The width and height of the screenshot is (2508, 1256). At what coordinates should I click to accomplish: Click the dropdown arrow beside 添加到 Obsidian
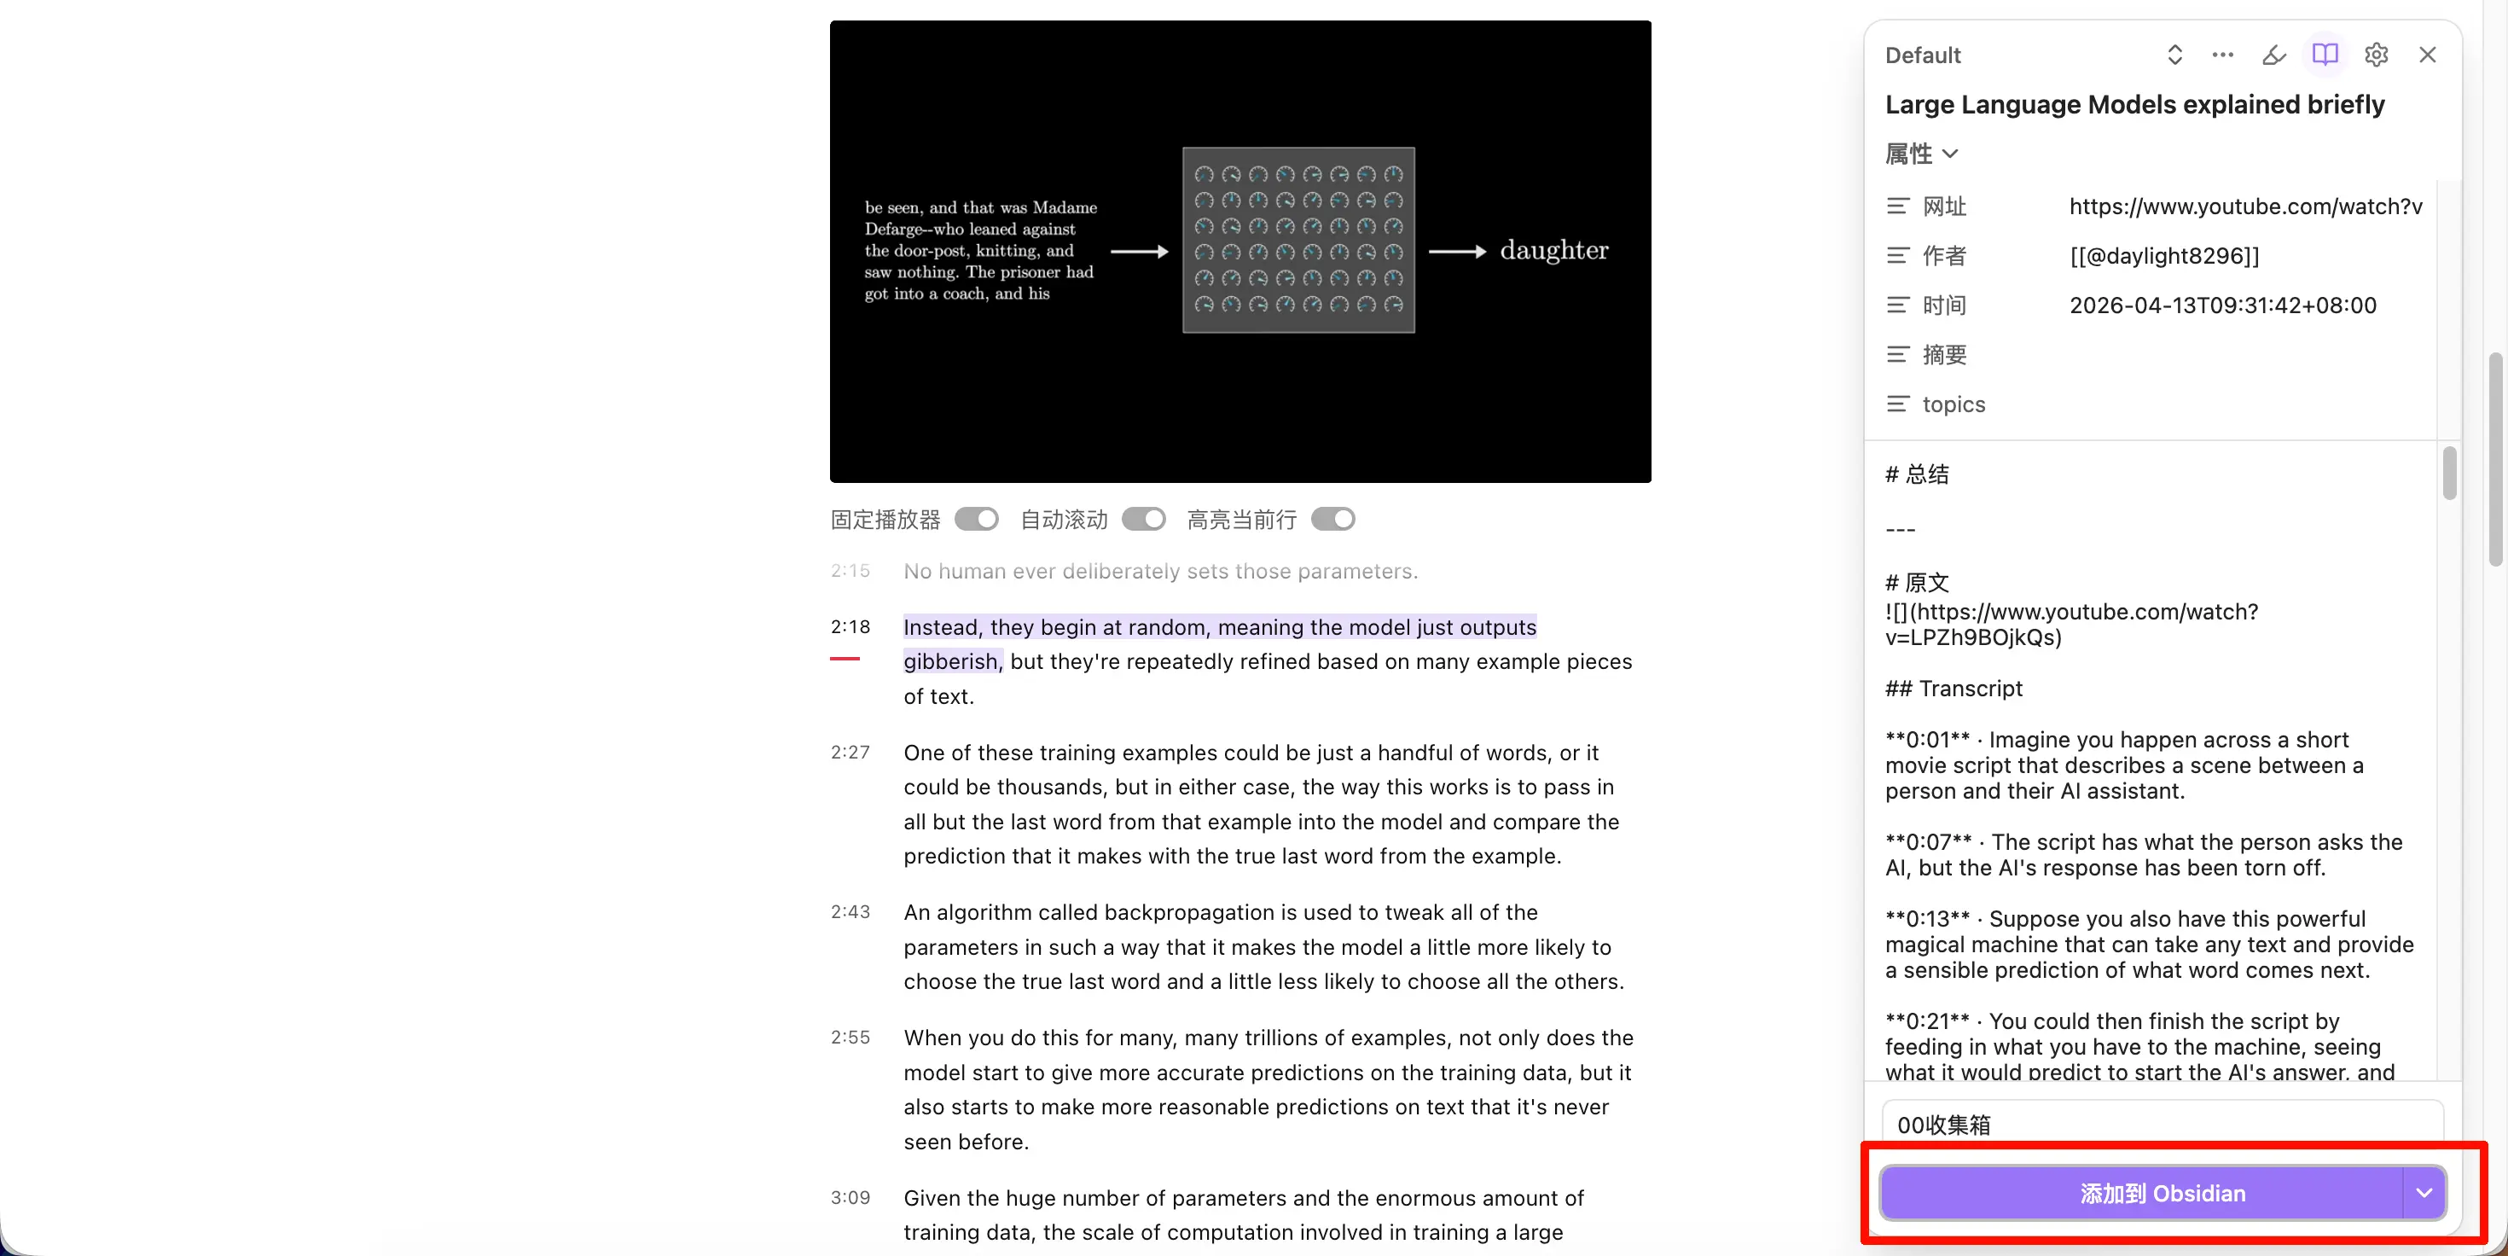(x=2424, y=1193)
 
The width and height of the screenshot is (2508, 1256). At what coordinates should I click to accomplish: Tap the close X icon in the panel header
(x=2427, y=55)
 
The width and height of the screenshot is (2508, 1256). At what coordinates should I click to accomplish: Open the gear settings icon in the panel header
(x=2376, y=55)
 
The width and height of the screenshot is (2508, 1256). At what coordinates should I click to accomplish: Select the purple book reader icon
(x=2324, y=55)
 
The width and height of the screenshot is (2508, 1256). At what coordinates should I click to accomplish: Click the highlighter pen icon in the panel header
(x=2273, y=55)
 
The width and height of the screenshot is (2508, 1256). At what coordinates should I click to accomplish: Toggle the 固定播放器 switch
(x=977, y=520)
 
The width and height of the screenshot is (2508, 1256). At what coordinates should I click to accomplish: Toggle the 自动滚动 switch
(x=1143, y=520)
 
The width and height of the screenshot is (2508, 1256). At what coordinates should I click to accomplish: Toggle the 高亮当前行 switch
(x=1332, y=520)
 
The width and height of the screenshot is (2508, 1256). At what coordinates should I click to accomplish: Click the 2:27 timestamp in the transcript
(x=850, y=753)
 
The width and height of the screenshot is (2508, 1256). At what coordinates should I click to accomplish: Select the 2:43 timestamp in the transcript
(x=850, y=912)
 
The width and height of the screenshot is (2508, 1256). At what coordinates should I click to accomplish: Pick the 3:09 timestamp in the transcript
(x=850, y=1198)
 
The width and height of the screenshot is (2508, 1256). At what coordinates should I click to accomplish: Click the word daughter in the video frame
(x=1554, y=251)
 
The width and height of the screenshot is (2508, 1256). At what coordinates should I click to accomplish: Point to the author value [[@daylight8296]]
(x=2163, y=256)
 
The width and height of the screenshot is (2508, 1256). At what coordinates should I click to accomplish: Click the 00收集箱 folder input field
(x=2162, y=1125)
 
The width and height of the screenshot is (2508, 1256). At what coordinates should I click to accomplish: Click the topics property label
(x=1953, y=404)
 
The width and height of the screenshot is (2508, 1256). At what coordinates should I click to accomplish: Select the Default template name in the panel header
(x=1922, y=55)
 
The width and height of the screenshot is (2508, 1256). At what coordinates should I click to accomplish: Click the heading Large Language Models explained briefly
(x=2134, y=105)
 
